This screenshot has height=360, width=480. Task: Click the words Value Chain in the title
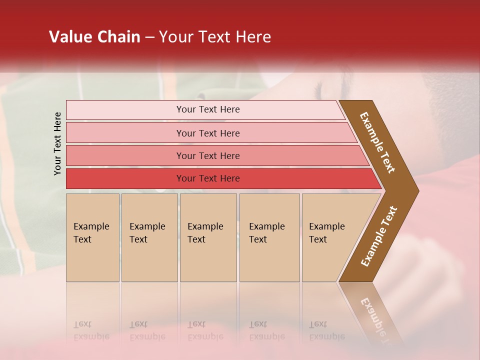point(94,37)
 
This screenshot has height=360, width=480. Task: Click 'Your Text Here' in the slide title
point(215,37)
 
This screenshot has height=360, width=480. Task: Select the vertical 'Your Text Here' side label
point(57,143)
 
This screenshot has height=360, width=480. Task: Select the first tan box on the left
point(92,237)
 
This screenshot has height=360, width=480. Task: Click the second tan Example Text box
point(149,237)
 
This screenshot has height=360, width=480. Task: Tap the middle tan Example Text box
point(208,237)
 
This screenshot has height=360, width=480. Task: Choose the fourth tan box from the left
point(269,237)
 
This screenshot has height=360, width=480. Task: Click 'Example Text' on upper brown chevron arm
point(377,142)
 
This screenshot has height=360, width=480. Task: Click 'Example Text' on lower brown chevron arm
point(378,236)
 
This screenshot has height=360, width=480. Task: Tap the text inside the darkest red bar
point(208,178)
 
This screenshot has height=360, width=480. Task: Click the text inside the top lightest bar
point(208,109)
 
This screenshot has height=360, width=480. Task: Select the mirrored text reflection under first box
point(91,330)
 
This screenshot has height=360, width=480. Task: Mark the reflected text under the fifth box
point(326,330)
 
